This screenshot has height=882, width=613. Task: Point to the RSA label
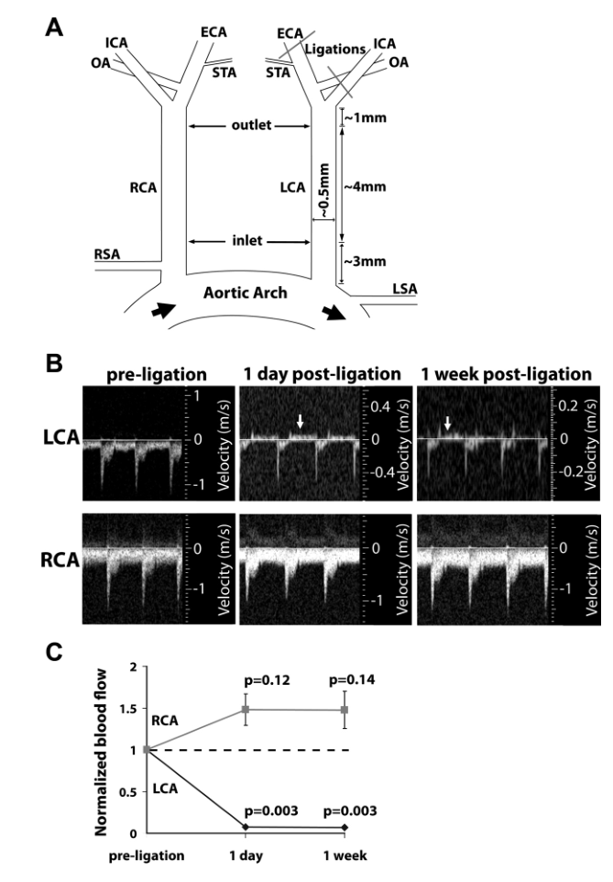[x=108, y=253]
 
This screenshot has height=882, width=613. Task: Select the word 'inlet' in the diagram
[x=247, y=240]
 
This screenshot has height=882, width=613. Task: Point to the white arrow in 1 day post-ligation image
[x=300, y=421]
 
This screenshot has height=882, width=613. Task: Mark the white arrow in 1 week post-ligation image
[x=448, y=423]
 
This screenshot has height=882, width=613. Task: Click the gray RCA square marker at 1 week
[x=345, y=710]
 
